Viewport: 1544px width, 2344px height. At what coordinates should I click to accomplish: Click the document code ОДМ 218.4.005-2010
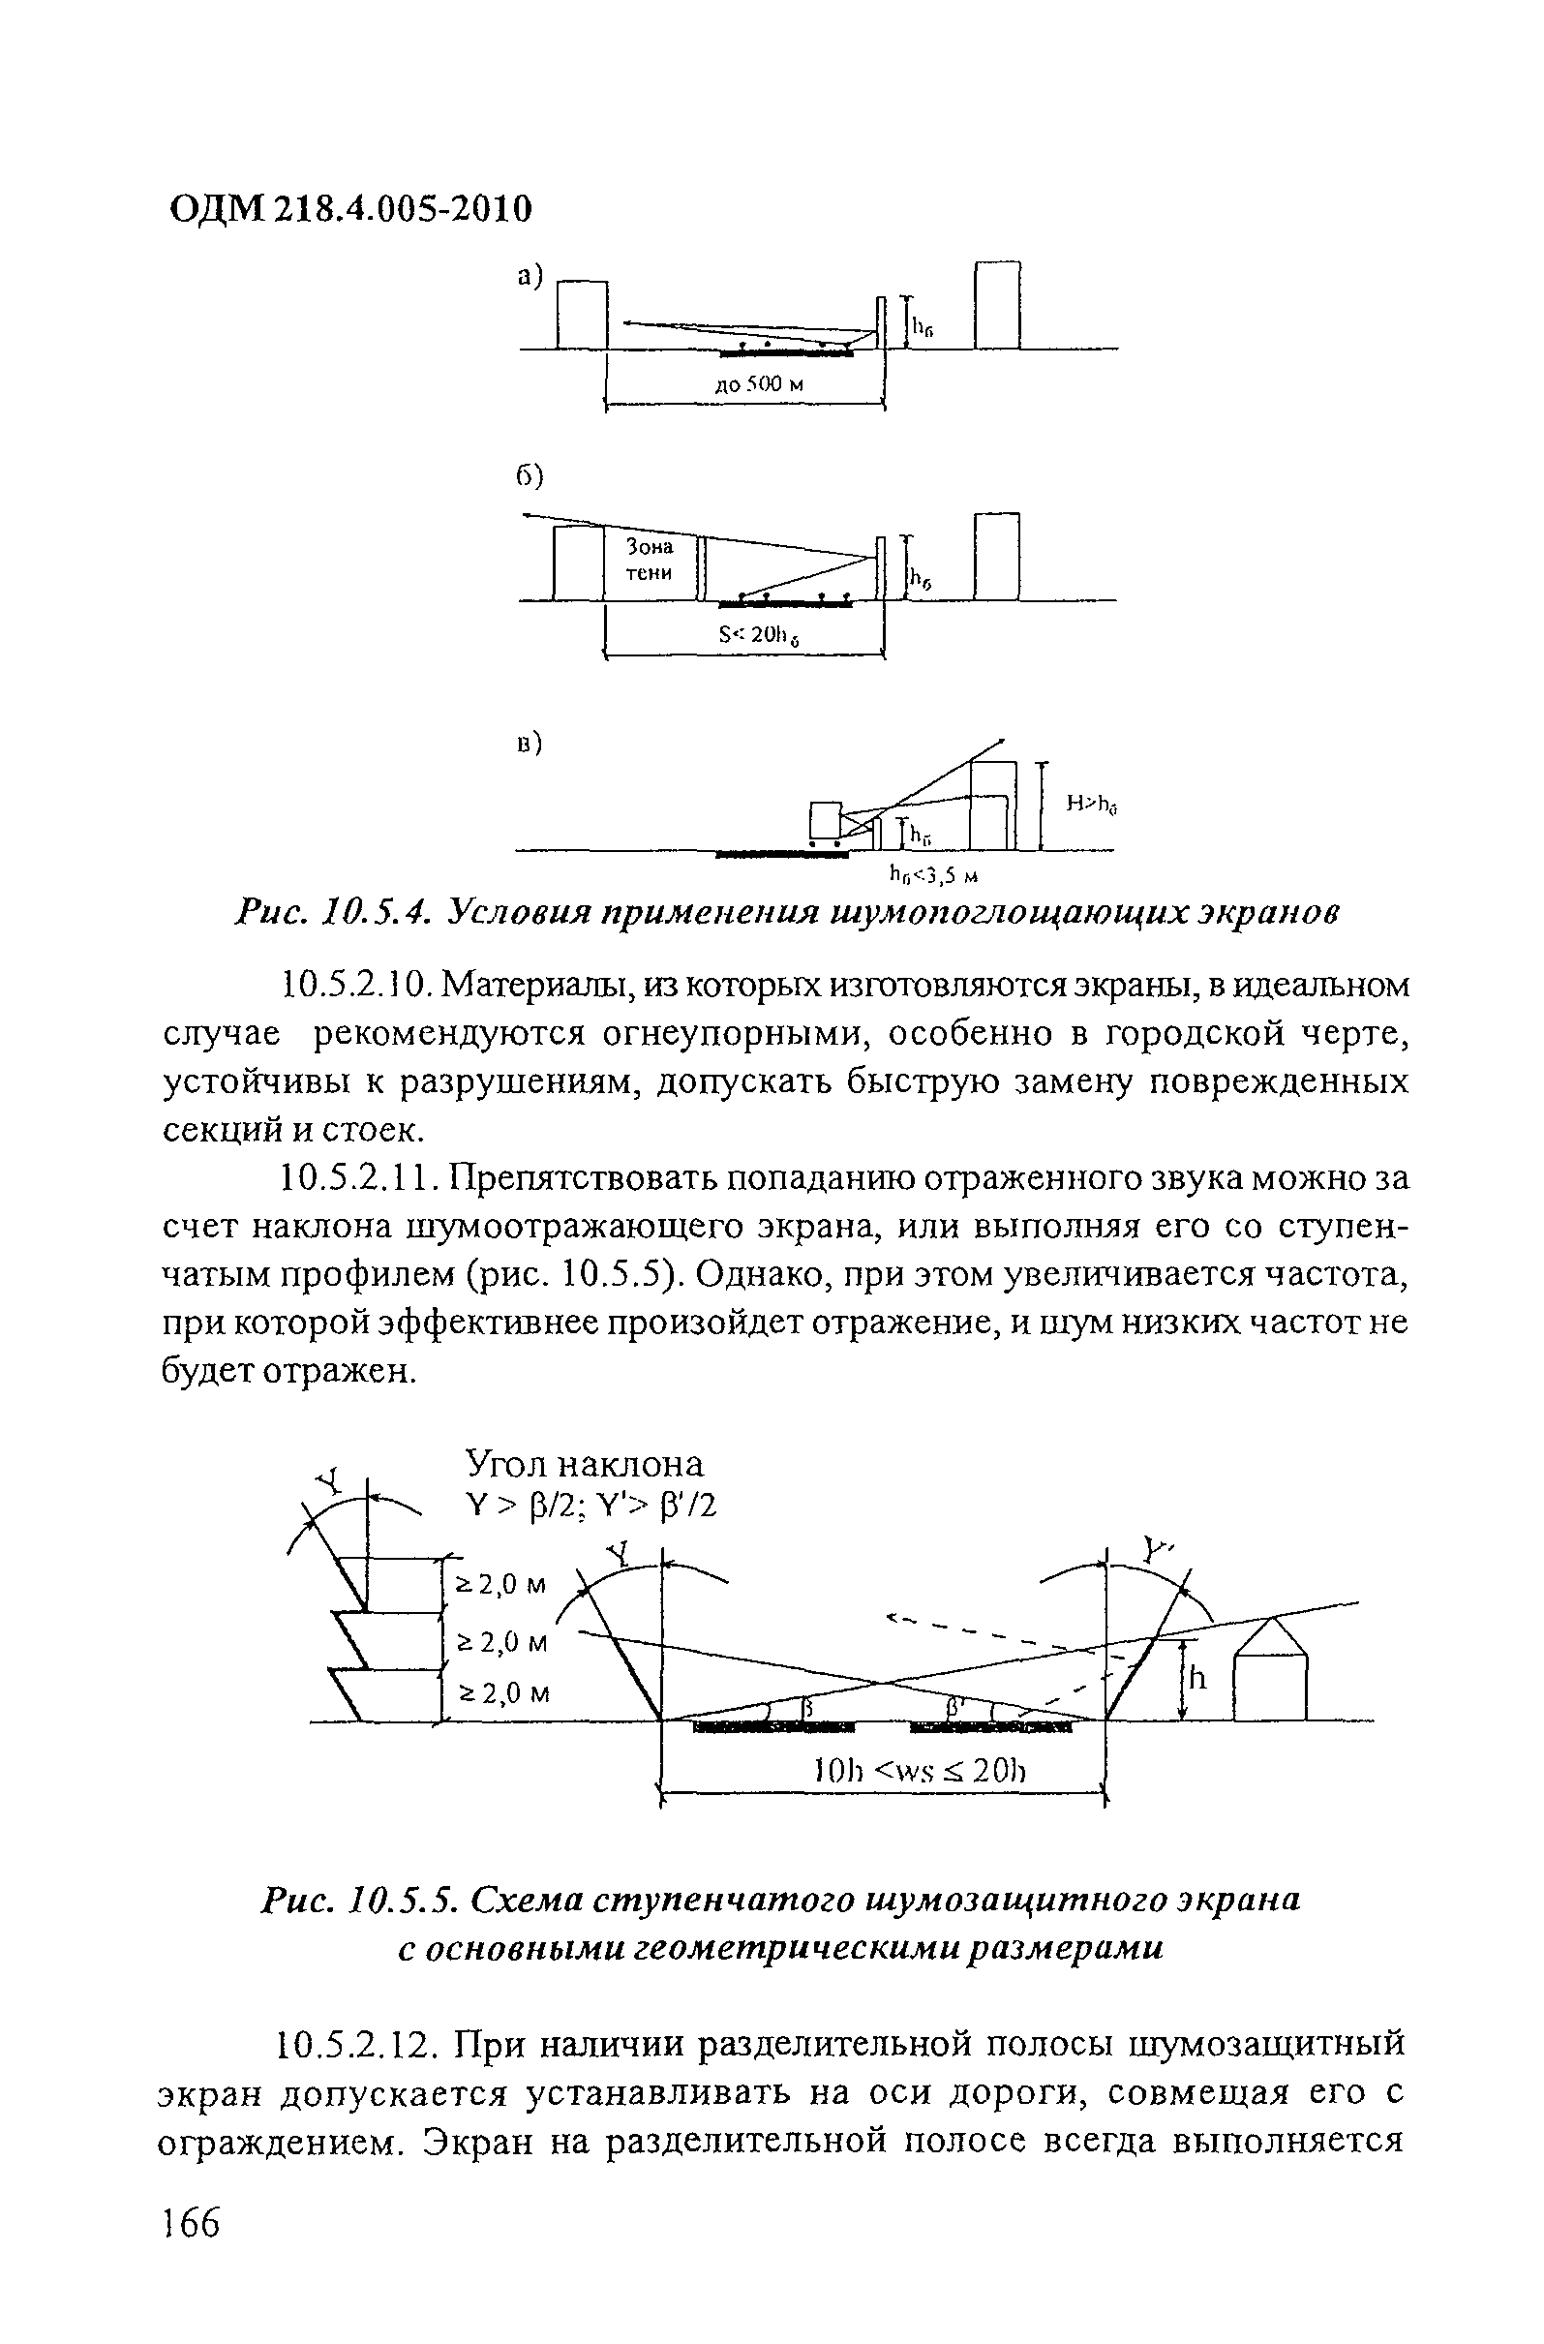(x=350, y=209)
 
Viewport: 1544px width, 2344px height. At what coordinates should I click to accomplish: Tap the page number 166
(x=191, y=2223)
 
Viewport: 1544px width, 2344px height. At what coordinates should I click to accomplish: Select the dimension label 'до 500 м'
(x=759, y=384)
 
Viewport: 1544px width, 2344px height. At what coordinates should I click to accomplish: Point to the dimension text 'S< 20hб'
(x=758, y=636)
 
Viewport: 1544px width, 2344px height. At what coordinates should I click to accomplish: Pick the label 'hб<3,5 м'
(x=931, y=873)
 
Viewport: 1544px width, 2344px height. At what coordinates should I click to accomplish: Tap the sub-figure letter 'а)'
(x=530, y=278)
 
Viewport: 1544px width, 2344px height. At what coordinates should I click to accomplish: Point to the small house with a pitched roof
(x=1271, y=1672)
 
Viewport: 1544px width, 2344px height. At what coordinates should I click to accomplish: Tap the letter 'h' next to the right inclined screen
(x=1197, y=1677)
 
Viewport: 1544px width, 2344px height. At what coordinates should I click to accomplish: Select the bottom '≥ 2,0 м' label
(x=505, y=1693)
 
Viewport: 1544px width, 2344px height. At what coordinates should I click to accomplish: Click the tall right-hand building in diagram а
(x=997, y=304)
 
